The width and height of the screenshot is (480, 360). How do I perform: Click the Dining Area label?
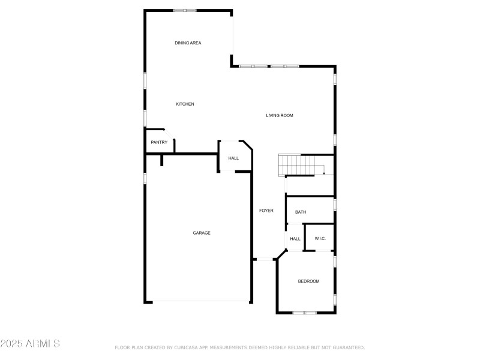click(x=188, y=43)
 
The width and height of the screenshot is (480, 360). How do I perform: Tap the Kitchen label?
click(x=185, y=104)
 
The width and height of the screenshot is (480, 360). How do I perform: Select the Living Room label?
click(x=280, y=115)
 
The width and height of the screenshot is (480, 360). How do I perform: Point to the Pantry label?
click(x=159, y=142)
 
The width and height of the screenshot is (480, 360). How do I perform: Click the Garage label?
click(x=202, y=233)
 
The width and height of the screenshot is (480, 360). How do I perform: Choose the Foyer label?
click(x=266, y=211)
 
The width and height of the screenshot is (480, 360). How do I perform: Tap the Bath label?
click(x=301, y=212)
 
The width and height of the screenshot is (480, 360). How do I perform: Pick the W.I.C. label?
click(x=320, y=239)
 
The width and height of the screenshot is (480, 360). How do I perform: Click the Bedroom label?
click(x=309, y=281)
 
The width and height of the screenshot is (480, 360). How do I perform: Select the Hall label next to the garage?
click(x=233, y=158)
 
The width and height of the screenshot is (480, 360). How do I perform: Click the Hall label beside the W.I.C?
click(x=295, y=239)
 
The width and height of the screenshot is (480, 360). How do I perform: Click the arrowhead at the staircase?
click(x=324, y=173)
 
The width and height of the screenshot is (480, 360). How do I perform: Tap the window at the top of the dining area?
click(x=185, y=10)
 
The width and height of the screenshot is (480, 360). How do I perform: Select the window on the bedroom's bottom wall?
click(x=305, y=313)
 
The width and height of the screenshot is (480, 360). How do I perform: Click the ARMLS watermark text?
click(x=30, y=344)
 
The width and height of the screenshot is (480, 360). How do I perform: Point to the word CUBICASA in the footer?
click(x=187, y=347)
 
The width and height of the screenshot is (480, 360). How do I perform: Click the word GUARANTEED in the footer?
click(x=348, y=347)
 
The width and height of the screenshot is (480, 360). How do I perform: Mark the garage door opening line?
click(x=198, y=301)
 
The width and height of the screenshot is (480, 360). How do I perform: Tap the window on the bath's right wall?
click(x=335, y=205)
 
